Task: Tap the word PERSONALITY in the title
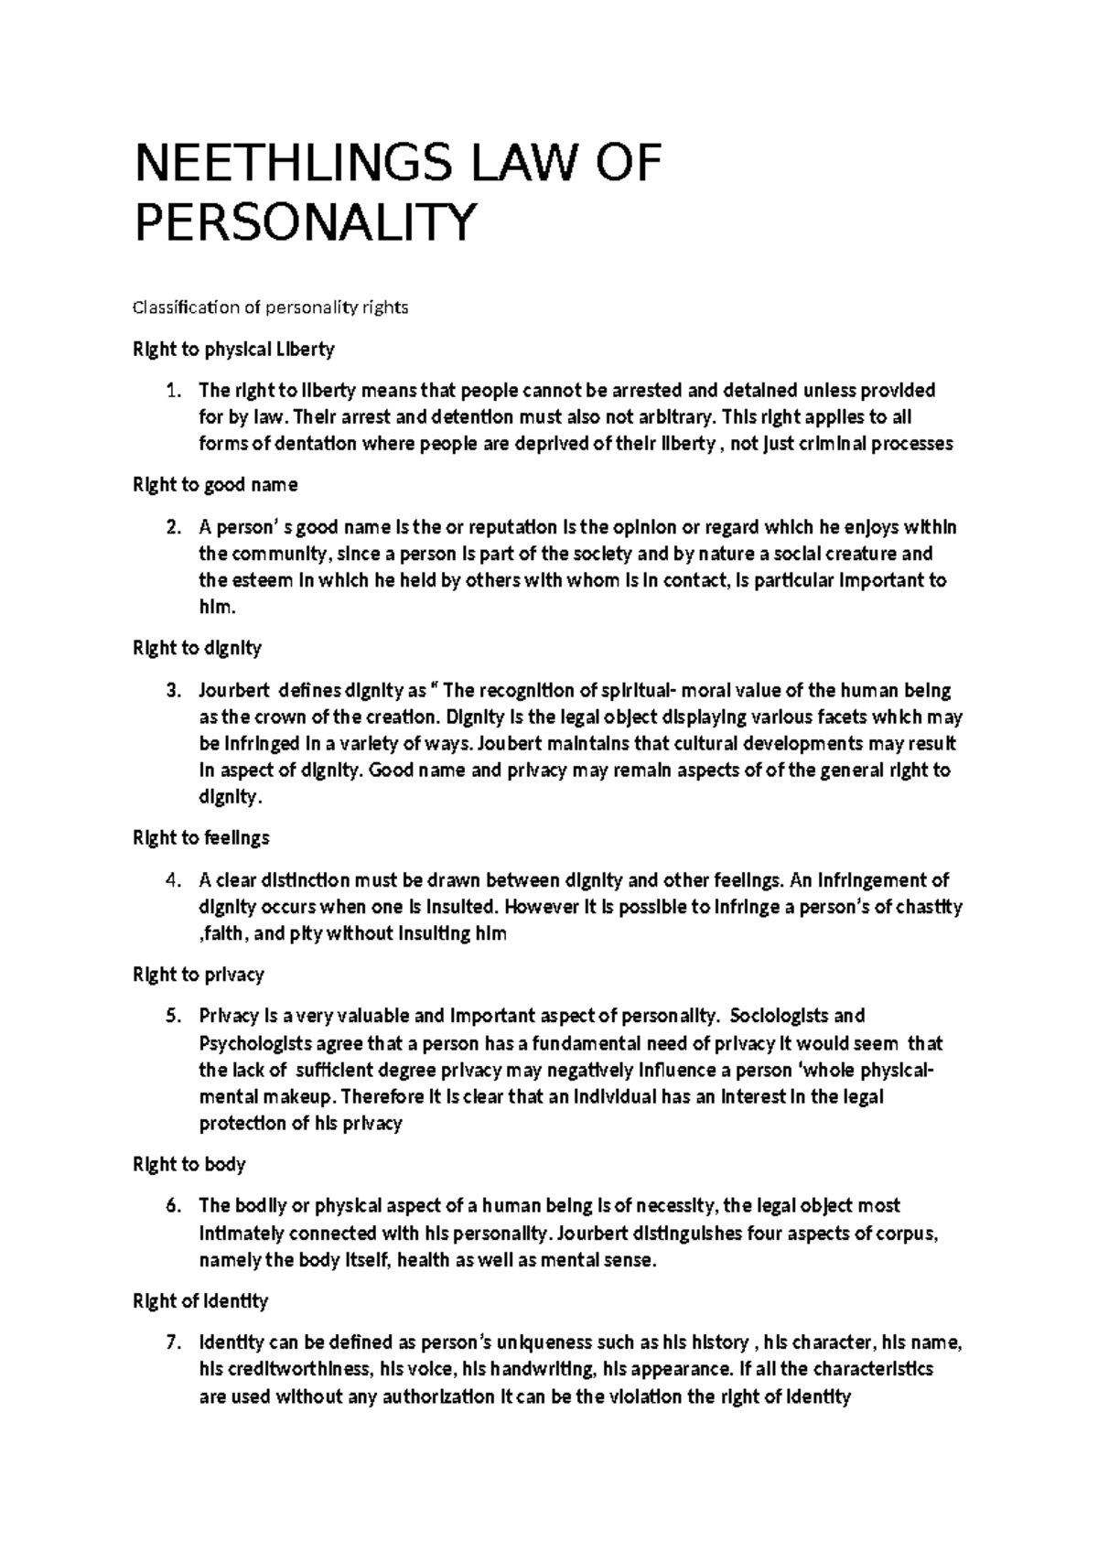[307, 222]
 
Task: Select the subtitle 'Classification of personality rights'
[271, 307]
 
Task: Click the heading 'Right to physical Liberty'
[234, 349]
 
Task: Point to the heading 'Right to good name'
[216, 484]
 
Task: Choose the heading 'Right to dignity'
[198, 648]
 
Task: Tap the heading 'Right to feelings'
[201, 837]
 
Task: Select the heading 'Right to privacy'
[199, 975]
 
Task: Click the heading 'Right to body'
[189, 1164]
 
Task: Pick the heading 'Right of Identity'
[200, 1300]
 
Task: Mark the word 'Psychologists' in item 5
[253, 1044]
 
